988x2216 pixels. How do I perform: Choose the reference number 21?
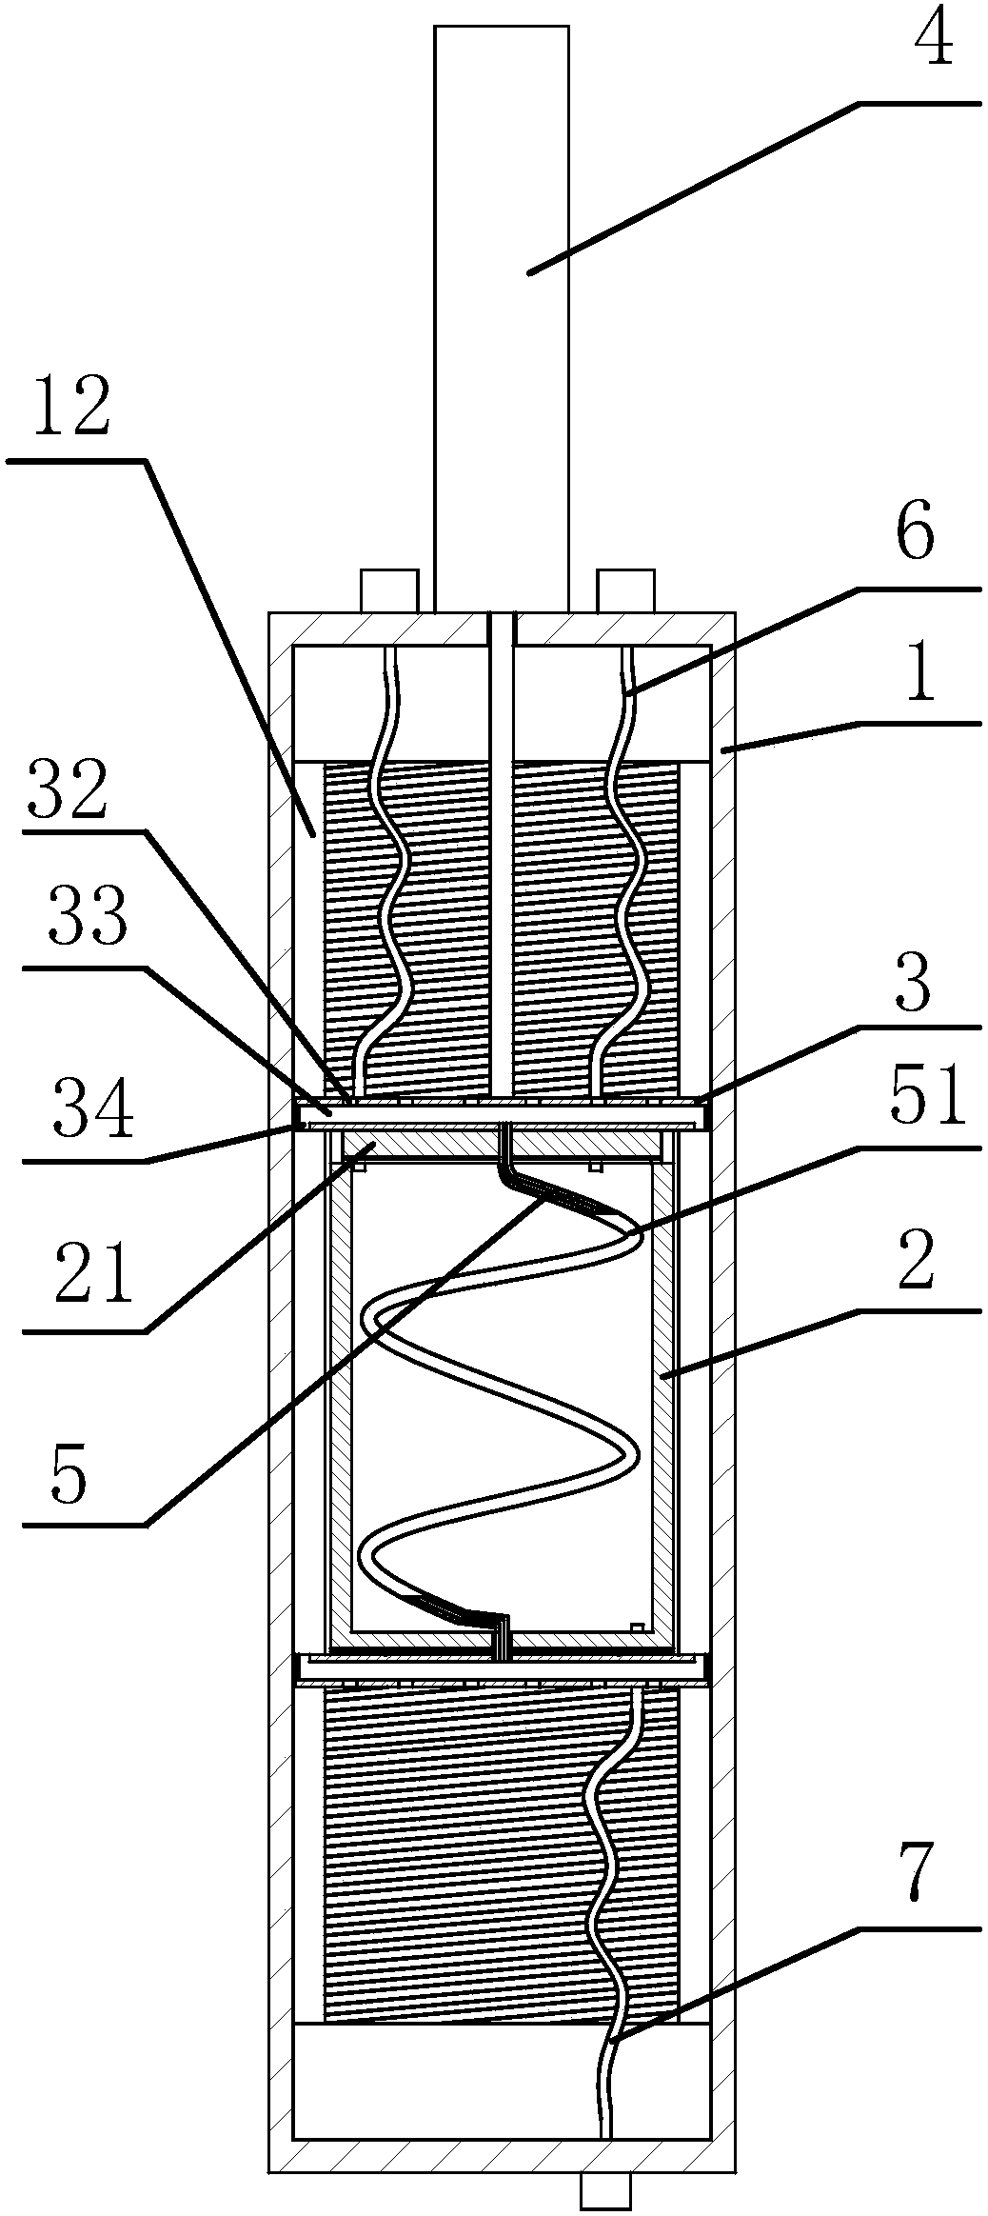pos(79,1274)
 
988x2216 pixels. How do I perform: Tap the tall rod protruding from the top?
pos(501,314)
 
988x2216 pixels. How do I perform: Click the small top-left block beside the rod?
pos(389,590)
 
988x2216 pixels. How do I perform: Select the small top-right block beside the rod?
pos(624,590)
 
